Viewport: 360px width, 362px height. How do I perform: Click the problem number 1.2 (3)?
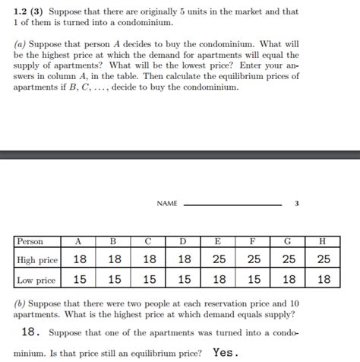point(29,12)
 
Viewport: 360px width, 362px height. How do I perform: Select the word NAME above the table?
point(167,204)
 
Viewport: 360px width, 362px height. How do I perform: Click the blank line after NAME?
point(232,205)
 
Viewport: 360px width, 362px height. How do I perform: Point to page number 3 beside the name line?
point(297,204)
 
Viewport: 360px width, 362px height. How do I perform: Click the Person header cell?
point(30,242)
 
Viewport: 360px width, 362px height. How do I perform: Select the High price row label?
point(37,260)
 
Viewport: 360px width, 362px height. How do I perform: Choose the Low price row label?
point(36,280)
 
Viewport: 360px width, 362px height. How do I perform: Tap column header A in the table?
point(78,242)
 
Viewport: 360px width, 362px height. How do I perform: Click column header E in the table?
point(219,242)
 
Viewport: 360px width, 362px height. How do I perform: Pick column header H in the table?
point(324,242)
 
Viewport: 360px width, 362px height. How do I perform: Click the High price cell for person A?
point(79,259)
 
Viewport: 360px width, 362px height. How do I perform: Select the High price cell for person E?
point(219,259)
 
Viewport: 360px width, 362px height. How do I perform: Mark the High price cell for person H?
point(324,259)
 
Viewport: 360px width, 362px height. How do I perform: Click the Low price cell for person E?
point(219,279)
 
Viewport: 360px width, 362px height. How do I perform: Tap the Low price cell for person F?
point(254,279)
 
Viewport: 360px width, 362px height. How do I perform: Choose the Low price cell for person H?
point(324,279)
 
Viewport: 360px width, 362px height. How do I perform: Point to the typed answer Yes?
point(226,352)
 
